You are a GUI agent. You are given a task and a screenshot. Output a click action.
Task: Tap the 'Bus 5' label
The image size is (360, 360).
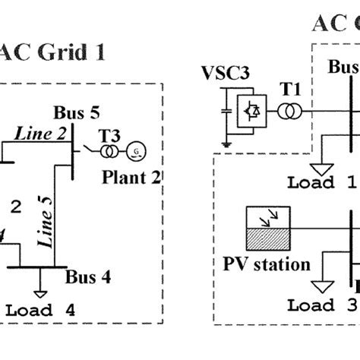[76, 113]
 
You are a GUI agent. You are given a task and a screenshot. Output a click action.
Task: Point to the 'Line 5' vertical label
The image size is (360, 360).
[48, 223]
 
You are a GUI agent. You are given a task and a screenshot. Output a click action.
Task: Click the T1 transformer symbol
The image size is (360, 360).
[288, 112]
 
